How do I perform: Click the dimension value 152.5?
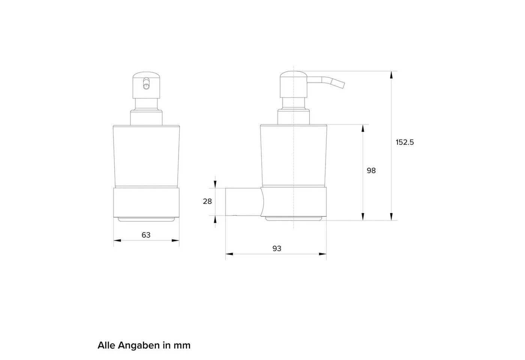click(x=405, y=142)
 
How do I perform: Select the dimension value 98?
click(x=371, y=171)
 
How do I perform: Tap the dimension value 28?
click(x=207, y=201)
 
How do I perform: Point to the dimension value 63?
click(x=146, y=235)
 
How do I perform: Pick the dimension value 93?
click(x=277, y=248)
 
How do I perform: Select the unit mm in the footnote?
click(x=182, y=346)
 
